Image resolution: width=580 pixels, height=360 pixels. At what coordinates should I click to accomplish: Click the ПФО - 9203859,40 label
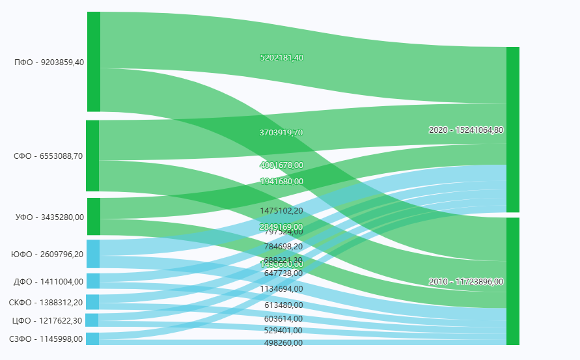pyautogui.click(x=49, y=62)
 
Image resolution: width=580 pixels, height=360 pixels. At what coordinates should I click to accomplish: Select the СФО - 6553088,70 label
pyautogui.click(x=49, y=156)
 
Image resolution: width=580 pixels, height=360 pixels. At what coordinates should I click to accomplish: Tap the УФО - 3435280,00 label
pyautogui.click(x=49, y=217)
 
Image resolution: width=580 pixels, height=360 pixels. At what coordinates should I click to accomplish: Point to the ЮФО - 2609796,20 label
pyautogui.click(x=48, y=255)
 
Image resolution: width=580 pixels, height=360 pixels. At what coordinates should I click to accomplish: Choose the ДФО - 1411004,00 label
pyautogui.click(x=49, y=282)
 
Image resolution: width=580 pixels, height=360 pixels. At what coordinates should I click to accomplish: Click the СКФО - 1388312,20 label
pyautogui.click(x=46, y=303)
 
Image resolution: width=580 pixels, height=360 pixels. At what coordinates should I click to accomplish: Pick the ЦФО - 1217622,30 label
pyautogui.click(x=48, y=320)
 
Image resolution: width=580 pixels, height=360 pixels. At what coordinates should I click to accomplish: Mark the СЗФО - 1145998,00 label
pyautogui.click(x=46, y=339)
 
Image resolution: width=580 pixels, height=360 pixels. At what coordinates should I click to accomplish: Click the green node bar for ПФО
pyautogui.click(x=94, y=62)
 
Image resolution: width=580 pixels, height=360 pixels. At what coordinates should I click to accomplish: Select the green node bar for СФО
pyautogui.click(x=92, y=156)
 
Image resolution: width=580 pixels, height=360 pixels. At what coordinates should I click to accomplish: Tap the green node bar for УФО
pyautogui.click(x=93, y=217)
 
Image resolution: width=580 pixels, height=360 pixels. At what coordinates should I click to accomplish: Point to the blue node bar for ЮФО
pyautogui.click(x=93, y=254)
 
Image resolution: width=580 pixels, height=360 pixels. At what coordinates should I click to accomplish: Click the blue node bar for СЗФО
pyautogui.click(x=92, y=339)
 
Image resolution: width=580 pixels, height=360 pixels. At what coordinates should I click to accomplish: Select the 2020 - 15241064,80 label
pyautogui.click(x=466, y=130)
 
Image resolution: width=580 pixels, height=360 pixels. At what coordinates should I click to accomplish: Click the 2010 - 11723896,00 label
pyautogui.click(x=466, y=282)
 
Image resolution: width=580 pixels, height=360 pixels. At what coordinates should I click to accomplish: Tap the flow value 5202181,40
pyautogui.click(x=282, y=58)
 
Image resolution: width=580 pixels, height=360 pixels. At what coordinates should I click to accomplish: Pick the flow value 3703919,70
pyautogui.click(x=282, y=133)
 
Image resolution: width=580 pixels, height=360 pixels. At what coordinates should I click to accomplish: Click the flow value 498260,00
pyautogui.click(x=283, y=342)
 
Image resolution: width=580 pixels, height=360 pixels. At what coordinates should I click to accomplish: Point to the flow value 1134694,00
pyautogui.click(x=282, y=289)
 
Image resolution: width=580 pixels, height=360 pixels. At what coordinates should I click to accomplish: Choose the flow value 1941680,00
pyautogui.click(x=282, y=182)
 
